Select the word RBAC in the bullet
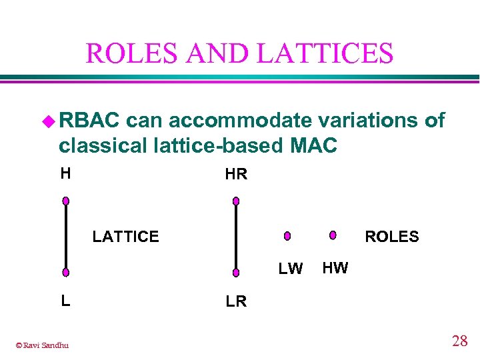pyautogui.click(x=89, y=120)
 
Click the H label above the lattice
pyautogui.click(x=65, y=173)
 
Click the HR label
pyautogui.click(x=236, y=175)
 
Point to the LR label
pyautogui.click(x=236, y=301)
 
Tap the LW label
pyautogui.click(x=291, y=269)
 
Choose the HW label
pyautogui.click(x=335, y=268)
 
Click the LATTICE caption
pyautogui.click(x=125, y=237)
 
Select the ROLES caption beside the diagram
pyautogui.click(x=391, y=237)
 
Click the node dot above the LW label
pyautogui.click(x=287, y=236)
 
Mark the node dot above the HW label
pyautogui.click(x=333, y=235)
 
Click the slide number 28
pyautogui.click(x=459, y=341)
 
